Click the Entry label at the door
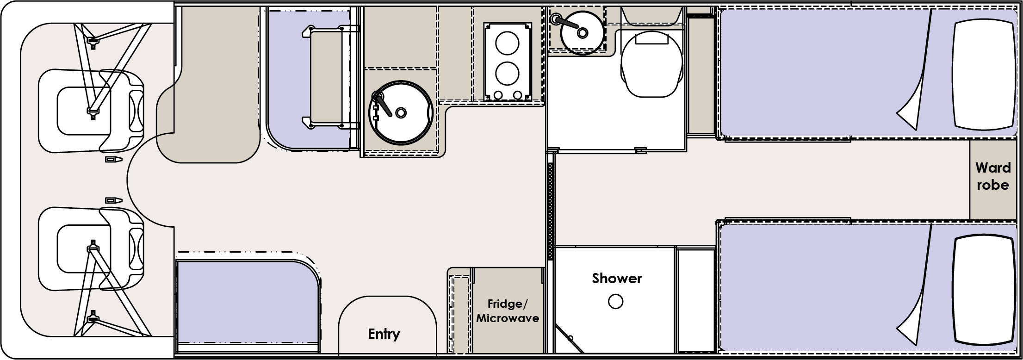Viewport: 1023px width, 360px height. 384,334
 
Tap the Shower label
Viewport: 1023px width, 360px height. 617,278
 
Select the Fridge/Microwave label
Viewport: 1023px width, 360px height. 508,311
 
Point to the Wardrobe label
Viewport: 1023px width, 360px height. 992,176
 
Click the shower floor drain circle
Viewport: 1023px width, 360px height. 615,302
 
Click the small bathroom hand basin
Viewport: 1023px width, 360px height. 582,32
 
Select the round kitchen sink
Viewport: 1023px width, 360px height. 401,112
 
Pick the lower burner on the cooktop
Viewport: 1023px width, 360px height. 507,73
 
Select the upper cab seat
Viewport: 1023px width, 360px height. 92,111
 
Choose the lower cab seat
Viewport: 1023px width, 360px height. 92,249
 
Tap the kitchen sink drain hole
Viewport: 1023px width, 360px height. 401,112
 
